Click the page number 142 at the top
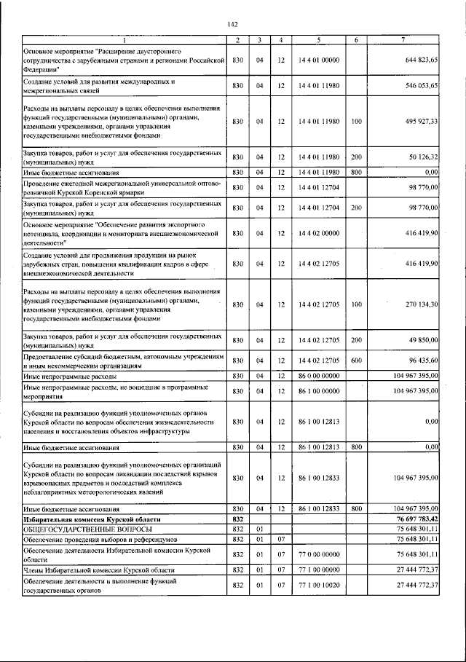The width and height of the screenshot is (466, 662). tap(233, 24)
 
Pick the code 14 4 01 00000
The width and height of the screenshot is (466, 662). tap(319, 60)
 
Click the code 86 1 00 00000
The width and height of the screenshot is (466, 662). tap(319, 391)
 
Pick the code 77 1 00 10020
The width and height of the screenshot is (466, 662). tap(319, 585)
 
